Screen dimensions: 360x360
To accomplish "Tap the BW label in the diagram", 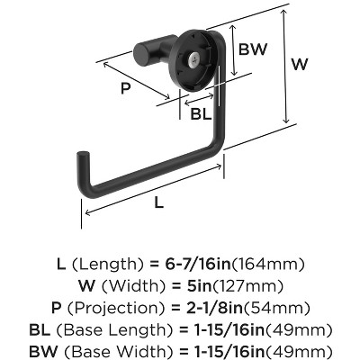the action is click(x=253, y=49).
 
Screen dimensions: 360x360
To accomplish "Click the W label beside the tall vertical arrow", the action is click(x=300, y=64).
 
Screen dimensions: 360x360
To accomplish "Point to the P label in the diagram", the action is click(x=126, y=88).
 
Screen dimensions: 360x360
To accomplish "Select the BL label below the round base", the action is click(x=201, y=114).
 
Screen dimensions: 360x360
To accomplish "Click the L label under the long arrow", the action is click(x=159, y=202).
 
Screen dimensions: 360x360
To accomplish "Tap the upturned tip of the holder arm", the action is click(x=83, y=156).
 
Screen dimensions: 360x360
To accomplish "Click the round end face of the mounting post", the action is click(x=141, y=55).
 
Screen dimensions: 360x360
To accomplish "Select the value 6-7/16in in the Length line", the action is click(x=198, y=264).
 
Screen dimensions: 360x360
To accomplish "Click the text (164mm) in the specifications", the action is click(x=268, y=265).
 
